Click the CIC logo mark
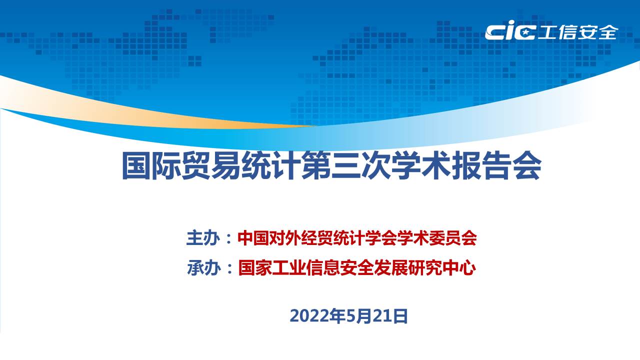[x=510, y=30]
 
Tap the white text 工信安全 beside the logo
[x=577, y=32]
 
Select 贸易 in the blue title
[x=211, y=165]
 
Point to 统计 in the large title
[x=271, y=165]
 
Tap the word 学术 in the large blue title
[x=421, y=165]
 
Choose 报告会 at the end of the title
[x=496, y=165]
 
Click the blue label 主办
[x=203, y=237]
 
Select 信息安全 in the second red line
[x=339, y=267]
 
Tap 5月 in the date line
[x=354, y=315]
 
